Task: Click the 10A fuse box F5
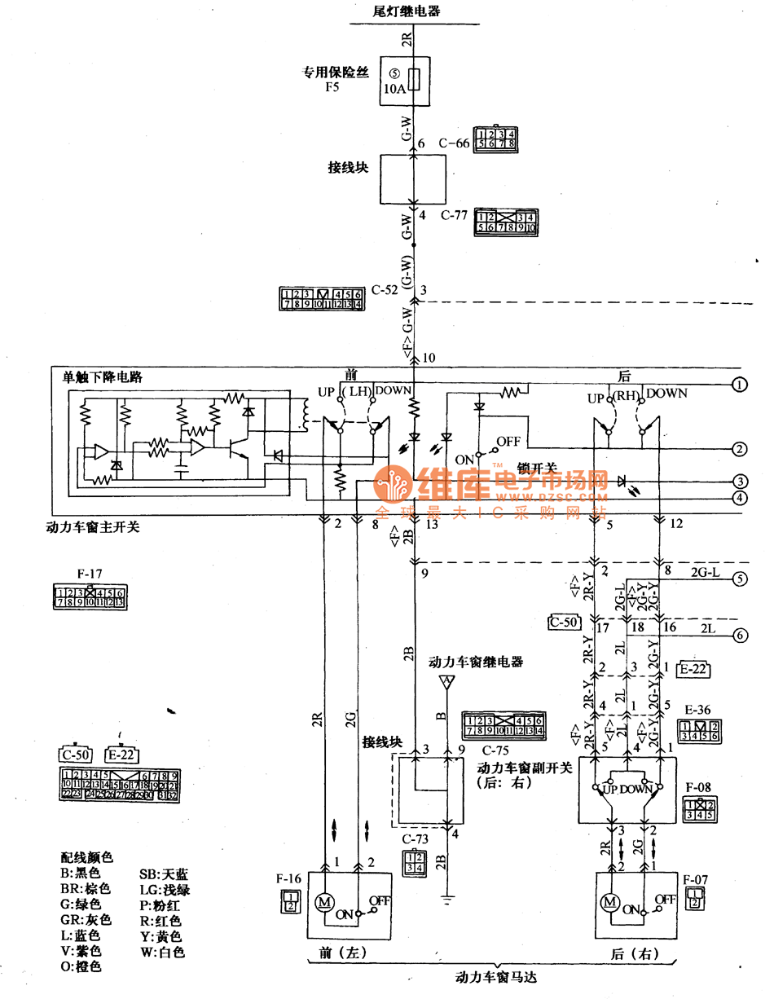pos(405,81)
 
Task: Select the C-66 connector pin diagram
pos(496,139)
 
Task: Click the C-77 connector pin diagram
pos(505,222)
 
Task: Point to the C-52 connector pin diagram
pos(322,299)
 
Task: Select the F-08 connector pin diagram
pos(699,809)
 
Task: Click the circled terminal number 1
pos(739,384)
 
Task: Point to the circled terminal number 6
pos(739,636)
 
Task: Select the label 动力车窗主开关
pos(93,527)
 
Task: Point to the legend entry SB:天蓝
pos(164,874)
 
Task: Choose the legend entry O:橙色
pos(81,966)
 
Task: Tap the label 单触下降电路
pos(102,377)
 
